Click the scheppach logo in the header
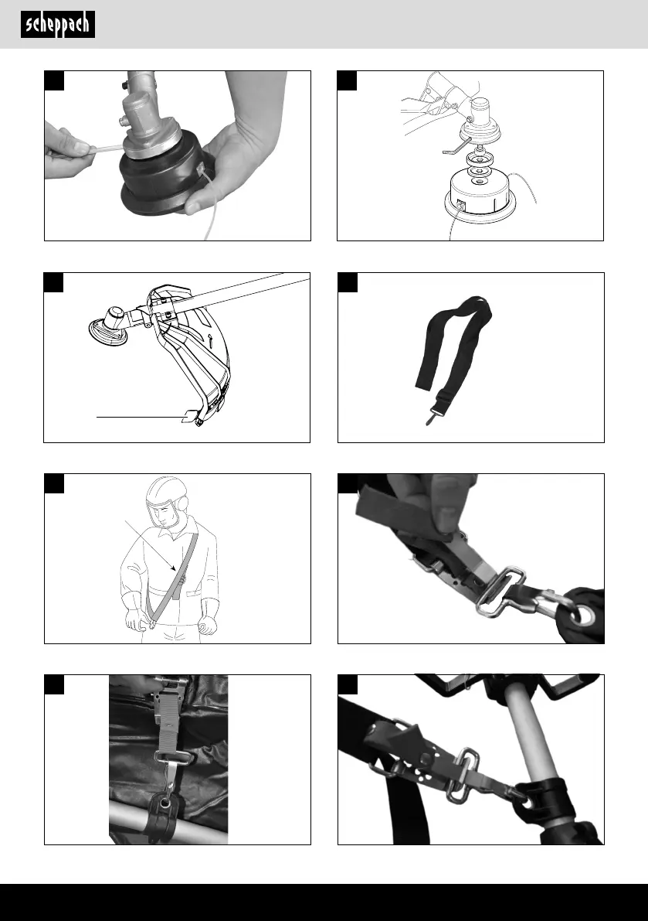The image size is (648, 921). tap(58, 25)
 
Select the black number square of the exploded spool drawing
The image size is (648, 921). tap(347, 81)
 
